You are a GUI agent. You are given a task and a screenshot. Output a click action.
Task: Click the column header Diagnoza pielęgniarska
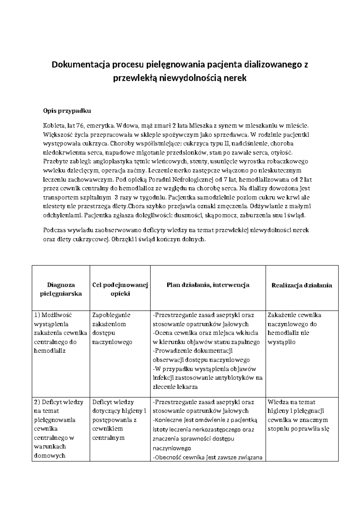[x=61, y=289]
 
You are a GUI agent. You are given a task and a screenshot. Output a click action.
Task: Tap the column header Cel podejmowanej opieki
[x=120, y=289]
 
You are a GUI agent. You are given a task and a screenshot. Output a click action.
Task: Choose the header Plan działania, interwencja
[x=208, y=285]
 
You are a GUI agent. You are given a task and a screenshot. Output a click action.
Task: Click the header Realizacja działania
[x=301, y=285]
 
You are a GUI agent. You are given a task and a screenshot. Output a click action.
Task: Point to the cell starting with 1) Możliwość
[x=61, y=333]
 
